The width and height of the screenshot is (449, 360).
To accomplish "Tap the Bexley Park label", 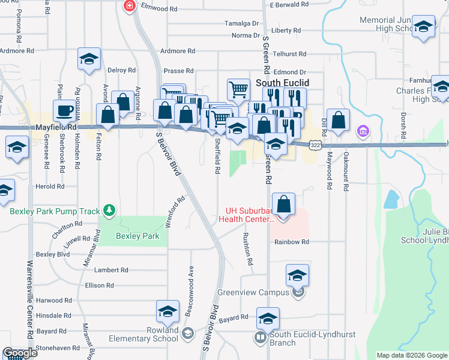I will tap(138, 236).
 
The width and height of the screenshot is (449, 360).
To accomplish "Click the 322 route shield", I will tap(315, 145).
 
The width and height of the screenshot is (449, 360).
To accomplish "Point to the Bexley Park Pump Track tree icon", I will tap(109, 210).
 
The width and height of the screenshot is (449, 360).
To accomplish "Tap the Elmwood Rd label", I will tap(159, 8).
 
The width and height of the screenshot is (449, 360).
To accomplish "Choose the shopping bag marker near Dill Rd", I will tap(339, 120).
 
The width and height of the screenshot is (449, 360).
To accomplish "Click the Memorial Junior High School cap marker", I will tap(424, 28).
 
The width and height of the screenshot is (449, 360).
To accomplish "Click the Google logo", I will tap(20, 353).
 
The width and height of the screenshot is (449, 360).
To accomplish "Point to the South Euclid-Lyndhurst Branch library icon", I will tap(261, 337).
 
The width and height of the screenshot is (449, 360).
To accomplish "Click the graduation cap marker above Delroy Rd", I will tap(89, 59).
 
